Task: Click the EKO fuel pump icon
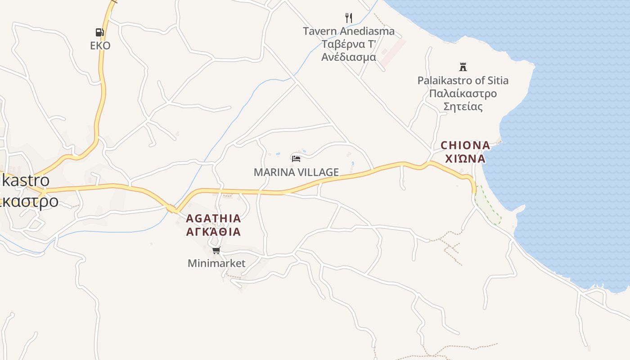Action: coord(99,32)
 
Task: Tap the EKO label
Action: coord(100,45)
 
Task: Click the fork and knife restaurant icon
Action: coord(348,18)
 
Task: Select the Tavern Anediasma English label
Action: coord(348,31)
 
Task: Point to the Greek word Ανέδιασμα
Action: coord(348,57)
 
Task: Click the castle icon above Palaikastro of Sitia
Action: coord(463,67)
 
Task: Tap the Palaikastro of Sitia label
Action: coord(463,81)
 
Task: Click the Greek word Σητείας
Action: coord(463,107)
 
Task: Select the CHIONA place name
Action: coord(465,145)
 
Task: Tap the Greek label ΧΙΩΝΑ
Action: coord(465,158)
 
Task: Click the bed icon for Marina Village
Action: coord(296,158)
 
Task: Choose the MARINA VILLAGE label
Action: coord(296,172)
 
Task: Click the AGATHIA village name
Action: coord(213,219)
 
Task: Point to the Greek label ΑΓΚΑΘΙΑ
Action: coord(213,232)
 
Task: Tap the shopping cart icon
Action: coord(216,251)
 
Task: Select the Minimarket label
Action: coord(216,263)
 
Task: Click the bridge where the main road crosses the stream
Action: coord(172,209)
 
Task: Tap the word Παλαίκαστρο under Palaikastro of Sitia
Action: coord(463,94)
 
